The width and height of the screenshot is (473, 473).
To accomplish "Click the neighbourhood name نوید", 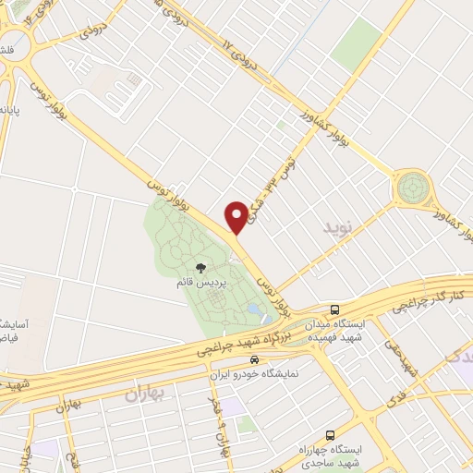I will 337,225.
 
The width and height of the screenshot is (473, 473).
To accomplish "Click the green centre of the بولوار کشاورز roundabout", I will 412,188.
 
